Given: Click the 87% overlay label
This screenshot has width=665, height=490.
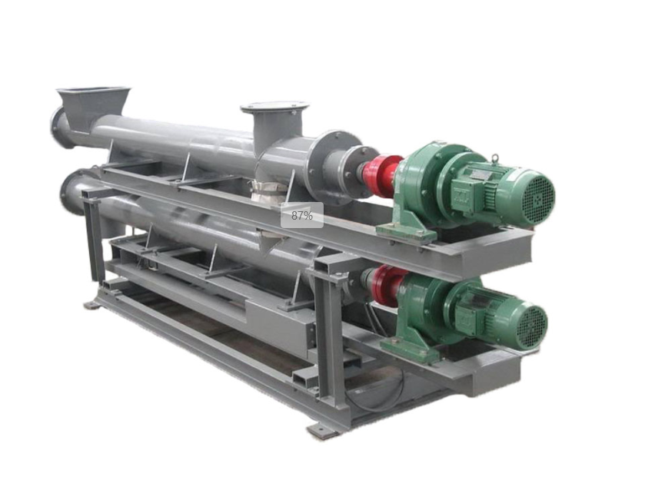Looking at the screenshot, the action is tap(302, 215).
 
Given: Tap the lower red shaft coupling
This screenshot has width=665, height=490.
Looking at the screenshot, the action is tap(387, 285).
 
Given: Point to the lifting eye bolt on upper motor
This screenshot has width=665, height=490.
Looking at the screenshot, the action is tap(496, 158).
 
